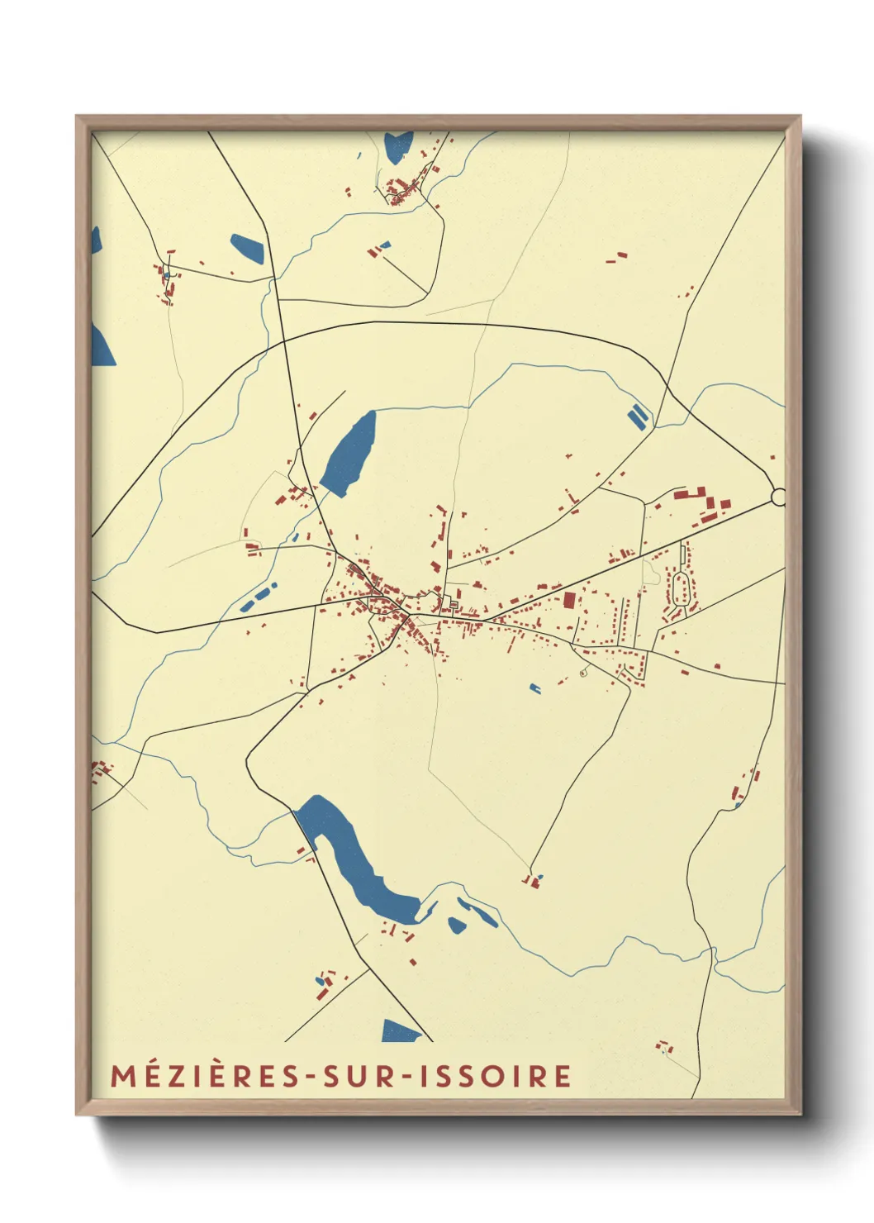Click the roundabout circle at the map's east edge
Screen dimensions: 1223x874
(777, 497)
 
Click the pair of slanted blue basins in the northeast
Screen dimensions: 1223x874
(637, 416)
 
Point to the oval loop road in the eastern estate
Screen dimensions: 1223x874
(682, 589)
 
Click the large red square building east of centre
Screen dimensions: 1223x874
(569, 600)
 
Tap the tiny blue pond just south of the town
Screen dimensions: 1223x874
(534, 688)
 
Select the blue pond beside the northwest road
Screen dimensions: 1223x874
(247, 248)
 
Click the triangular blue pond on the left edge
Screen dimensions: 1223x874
(101, 345)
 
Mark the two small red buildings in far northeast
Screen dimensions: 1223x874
(616, 258)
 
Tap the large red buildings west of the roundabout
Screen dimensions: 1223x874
(698, 500)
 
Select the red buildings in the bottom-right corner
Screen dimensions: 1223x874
(665, 1047)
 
